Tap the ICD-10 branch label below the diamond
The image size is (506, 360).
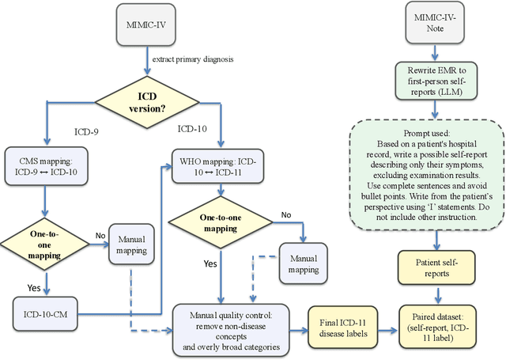[193, 128]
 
